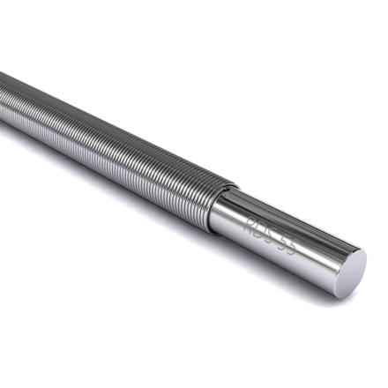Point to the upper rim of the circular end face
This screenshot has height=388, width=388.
coord(357,251)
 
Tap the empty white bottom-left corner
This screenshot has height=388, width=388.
coord(26,362)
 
